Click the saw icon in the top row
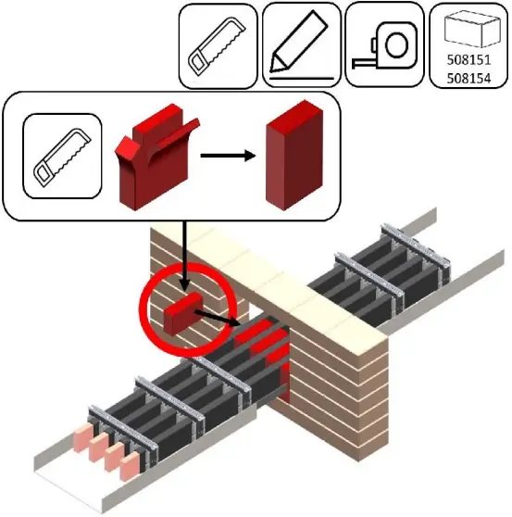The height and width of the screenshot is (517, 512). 217,44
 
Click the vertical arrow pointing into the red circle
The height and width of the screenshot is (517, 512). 184,255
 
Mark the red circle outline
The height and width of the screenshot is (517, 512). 142,315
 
